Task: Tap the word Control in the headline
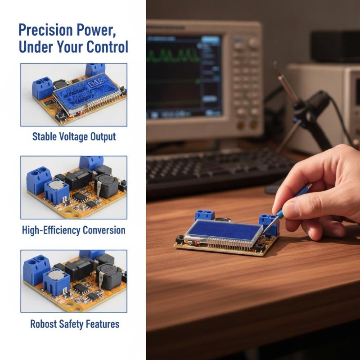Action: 107,47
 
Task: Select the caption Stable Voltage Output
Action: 74,137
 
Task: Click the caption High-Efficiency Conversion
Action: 74,230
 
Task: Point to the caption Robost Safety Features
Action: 75,324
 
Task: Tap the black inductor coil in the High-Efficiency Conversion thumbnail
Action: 106,186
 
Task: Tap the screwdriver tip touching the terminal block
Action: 265,231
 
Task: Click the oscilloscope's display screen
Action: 184,76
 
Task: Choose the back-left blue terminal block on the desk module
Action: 205,216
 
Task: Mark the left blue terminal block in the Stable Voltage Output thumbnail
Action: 42,88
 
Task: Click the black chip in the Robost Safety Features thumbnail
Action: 79,269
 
